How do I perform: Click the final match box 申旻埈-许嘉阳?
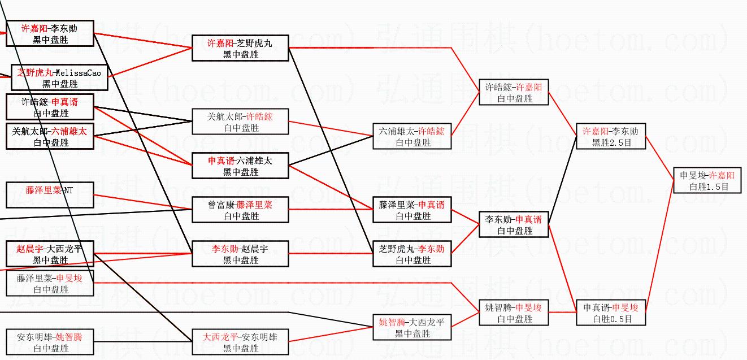[706, 180]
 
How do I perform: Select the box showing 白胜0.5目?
[611, 313]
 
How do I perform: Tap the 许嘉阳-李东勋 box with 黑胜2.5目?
[611, 136]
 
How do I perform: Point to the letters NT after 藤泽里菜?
[67, 190]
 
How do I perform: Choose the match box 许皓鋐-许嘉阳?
[514, 92]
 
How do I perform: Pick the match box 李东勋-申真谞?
[514, 224]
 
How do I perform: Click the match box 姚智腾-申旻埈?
[514, 313]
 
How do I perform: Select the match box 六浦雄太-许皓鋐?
[412, 136]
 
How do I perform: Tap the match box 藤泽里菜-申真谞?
[412, 210]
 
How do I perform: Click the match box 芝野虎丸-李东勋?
[412, 254]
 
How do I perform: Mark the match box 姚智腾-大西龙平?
[412, 327]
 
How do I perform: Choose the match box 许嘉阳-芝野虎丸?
[240, 48]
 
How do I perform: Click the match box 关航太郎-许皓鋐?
[240, 122]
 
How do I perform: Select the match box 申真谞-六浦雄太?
[240, 166]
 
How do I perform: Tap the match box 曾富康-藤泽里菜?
[240, 210]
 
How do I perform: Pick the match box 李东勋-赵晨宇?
[240, 254]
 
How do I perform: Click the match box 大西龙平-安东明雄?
[240, 342]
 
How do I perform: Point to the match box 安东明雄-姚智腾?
[50, 342]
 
